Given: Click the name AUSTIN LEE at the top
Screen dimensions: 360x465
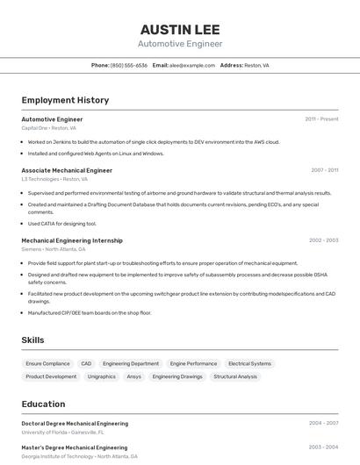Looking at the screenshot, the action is [x=180, y=29].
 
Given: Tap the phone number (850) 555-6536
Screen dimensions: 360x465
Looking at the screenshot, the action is [x=129, y=65].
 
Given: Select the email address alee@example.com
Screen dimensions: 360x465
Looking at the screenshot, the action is [x=192, y=65].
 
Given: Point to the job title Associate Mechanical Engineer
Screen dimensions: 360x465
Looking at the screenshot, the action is [x=67, y=170].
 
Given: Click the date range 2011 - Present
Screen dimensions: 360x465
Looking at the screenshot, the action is [x=321, y=119].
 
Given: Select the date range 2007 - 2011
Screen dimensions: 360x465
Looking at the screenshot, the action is [x=324, y=170].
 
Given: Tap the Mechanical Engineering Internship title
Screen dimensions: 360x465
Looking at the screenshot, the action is [x=72, y=240].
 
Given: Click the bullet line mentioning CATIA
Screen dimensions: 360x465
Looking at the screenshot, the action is [x=62, y=224].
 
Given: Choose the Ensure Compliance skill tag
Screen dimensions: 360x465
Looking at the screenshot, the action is [x=47, y=363].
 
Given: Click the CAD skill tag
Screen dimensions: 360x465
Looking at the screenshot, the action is [x=86, y=363].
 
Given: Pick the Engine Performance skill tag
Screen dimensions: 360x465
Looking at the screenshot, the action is [x=193, y=363].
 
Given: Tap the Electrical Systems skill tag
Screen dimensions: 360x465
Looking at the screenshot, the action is [x=249, y=363].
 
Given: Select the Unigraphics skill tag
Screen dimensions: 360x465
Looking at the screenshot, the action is [x=102, y=376].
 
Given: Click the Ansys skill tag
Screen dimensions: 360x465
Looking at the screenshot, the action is [x=133, y=376].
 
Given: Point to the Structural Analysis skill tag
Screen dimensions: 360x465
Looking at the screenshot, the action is [x=235, y=376].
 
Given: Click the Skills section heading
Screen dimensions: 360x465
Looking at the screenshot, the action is [x=32, y=340].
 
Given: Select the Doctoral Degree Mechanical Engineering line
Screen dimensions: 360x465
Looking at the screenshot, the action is [x=75, y=424].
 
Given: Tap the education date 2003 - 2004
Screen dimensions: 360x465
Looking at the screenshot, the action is [x=323, y=447].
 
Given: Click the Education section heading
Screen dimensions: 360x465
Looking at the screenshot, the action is [x=43, y=404].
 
